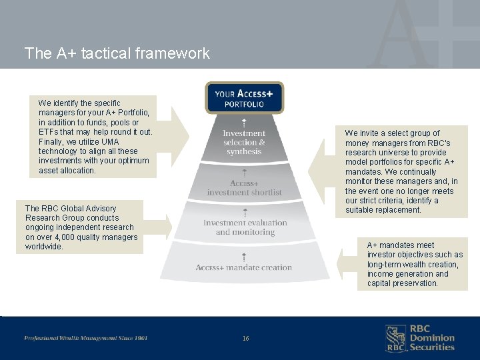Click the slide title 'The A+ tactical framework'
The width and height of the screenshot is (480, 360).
117,53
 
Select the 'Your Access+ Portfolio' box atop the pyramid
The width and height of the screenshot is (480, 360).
244,98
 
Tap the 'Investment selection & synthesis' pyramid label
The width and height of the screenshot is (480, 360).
244,143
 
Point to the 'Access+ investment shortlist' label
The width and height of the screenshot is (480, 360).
244,188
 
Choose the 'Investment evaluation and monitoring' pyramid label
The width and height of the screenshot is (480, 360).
245,227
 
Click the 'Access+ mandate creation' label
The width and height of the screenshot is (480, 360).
244,267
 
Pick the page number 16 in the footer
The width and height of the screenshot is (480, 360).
245,339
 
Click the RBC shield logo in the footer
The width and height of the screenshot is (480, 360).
396,338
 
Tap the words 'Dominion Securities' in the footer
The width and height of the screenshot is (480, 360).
431,343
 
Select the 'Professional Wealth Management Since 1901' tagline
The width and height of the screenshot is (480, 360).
86,338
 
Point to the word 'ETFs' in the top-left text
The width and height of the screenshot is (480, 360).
49,132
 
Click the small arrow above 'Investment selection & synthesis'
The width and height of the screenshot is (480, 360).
244,123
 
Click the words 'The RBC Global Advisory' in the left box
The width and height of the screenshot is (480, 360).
71,209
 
